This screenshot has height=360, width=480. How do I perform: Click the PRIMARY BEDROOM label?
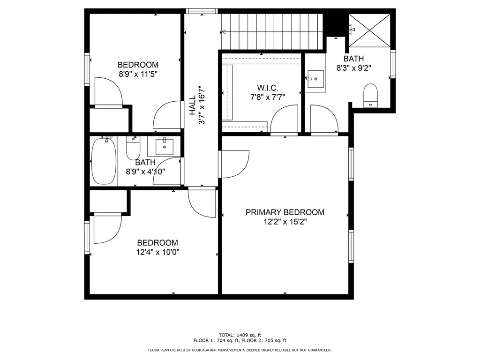[x=285, y=212]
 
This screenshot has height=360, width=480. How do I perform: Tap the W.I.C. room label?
[x=268, y=88]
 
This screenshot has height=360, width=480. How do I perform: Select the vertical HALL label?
[x=193, y=107]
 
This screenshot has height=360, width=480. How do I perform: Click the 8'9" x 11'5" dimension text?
[x=138, y=74]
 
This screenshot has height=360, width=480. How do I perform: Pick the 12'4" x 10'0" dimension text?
[x=157, y=252]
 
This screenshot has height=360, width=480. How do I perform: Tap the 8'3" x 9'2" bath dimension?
[x=353, y=67]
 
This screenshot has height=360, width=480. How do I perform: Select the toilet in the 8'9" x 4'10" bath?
[x=134, y=148]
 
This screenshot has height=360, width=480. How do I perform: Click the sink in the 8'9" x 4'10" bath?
[x=164, y=147]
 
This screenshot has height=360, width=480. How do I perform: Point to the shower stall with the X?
[x=370, y=30]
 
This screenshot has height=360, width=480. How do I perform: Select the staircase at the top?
[x=272, y=31]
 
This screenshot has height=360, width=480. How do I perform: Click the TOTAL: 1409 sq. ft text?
[x=240, y=335]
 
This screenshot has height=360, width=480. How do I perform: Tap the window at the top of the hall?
[x=202, y=11]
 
